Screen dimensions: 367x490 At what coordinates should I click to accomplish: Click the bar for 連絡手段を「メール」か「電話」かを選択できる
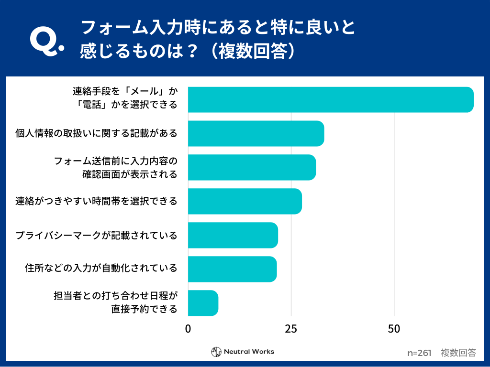[x=330, y=100]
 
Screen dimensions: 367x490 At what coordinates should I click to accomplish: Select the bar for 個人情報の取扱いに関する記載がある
[x=256, y=133]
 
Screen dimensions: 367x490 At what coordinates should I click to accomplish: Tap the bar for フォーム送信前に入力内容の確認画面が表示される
[x=252, y=167]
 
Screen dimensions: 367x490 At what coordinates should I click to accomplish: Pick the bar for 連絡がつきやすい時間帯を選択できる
[x=245, y=201]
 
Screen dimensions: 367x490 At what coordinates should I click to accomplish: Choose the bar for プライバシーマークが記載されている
[x=233, y=235]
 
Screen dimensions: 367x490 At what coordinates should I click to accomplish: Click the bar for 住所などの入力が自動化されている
[x=232, y=269]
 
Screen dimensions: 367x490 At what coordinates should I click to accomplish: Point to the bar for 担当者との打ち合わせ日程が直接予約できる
[x=203, y=303]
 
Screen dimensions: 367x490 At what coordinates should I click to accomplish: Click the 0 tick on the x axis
[x=188, y=329]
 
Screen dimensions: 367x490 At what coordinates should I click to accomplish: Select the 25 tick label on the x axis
[x=291, y=329]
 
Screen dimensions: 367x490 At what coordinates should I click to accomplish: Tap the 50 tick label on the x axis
[x=394, y=329]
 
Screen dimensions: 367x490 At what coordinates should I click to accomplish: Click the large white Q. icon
[x=46, y=42]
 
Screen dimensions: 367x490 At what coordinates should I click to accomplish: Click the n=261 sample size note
[x=419, y=353]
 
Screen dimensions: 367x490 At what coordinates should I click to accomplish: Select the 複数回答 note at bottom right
[x=458, y=353]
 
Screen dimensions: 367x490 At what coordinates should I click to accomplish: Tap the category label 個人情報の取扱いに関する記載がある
[x=96, y=133]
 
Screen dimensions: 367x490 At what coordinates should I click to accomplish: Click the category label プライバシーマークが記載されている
[x=96, y=235]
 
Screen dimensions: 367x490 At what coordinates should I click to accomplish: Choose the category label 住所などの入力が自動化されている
[x=101, y=269]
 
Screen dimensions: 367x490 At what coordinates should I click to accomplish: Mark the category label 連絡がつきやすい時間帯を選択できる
[x=96, y=201]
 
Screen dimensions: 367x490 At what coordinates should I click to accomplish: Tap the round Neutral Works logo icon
[x=216, y=352]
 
